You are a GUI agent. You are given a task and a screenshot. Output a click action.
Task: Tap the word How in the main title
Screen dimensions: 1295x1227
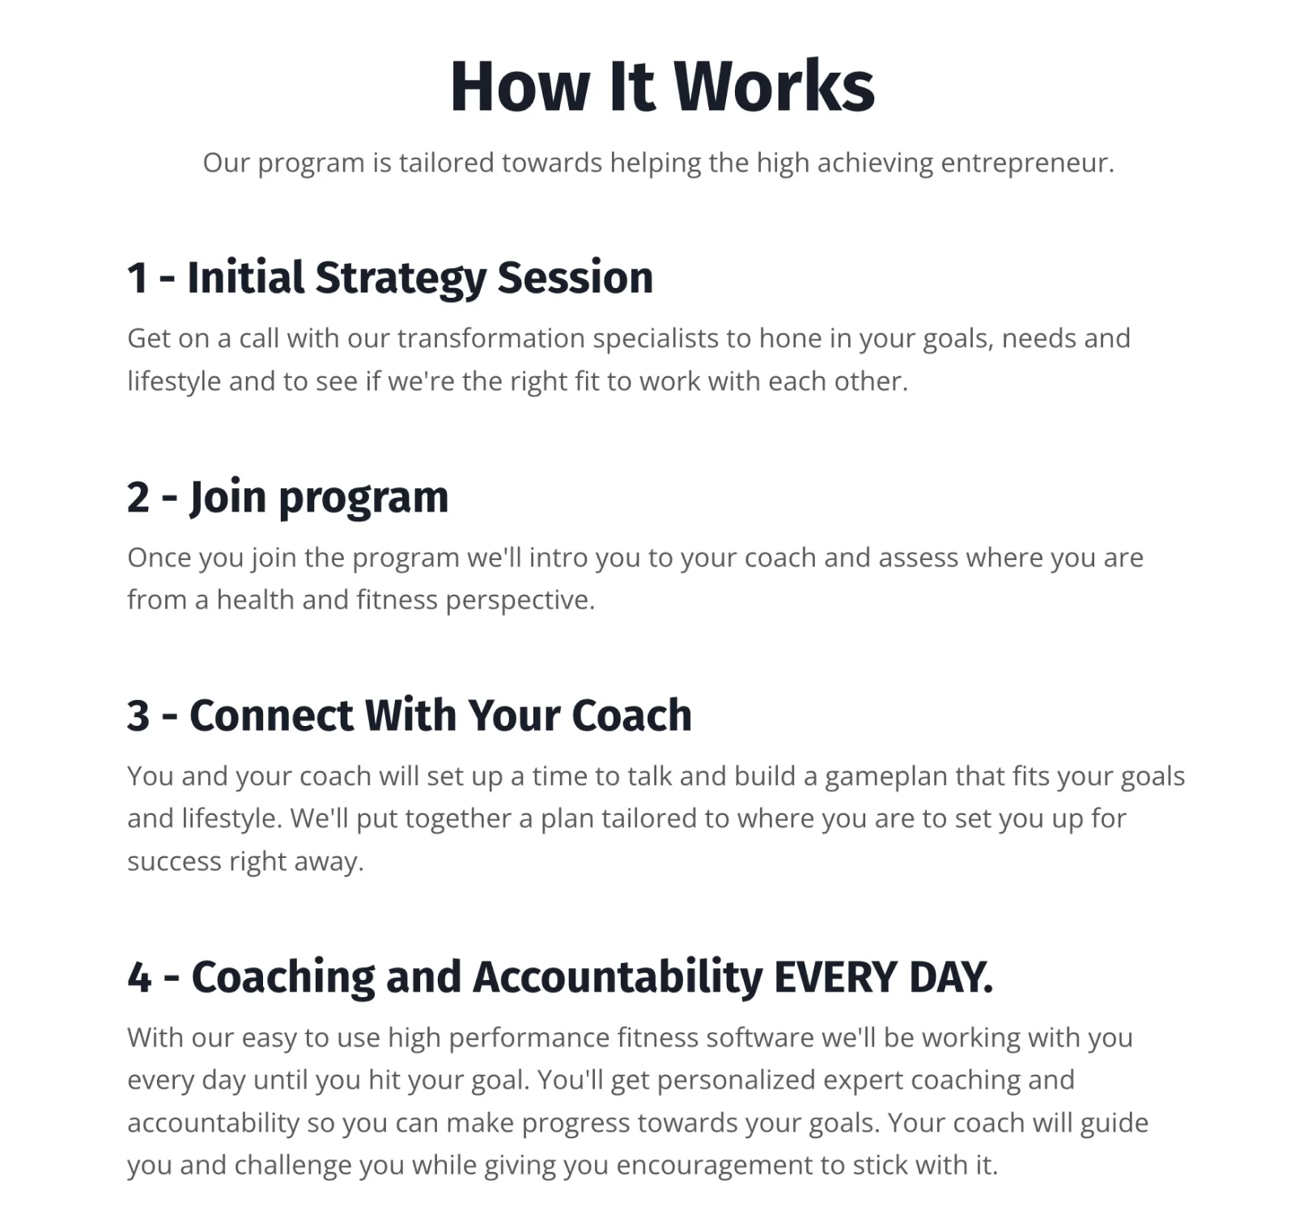click(520, 86)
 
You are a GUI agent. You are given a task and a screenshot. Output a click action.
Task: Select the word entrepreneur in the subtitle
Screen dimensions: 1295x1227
click(1027, 163)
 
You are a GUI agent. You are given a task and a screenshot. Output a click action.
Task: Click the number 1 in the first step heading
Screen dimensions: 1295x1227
click(138, 278)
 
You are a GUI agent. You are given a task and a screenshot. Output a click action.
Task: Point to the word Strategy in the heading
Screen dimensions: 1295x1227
click(401, 278)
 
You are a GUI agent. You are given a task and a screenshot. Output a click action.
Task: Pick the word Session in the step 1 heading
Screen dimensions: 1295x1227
click(575, 278)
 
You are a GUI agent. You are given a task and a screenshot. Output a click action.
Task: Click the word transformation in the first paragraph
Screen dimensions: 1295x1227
click(490, 338)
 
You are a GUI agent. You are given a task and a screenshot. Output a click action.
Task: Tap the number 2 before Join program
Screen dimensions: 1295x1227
click(138, 497)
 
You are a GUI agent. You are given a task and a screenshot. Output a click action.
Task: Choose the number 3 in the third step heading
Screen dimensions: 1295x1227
click(138, 716)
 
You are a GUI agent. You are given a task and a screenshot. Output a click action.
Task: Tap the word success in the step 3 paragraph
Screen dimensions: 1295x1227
click(174, 862)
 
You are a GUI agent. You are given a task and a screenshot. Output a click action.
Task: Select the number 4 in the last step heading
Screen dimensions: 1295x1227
click(139, 978)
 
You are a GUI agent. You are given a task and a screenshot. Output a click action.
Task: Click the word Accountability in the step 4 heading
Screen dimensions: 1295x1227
click(618, 977)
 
